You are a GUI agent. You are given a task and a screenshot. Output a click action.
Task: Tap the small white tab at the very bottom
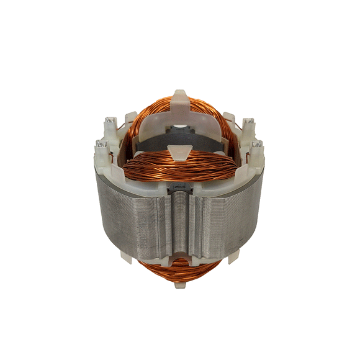pos(180,284)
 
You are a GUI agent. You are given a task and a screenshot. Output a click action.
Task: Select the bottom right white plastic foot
pos(232,254)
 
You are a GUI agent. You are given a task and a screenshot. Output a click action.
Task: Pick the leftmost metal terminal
pos(101,146)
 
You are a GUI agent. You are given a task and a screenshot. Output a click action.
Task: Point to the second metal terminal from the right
pos(248,122)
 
